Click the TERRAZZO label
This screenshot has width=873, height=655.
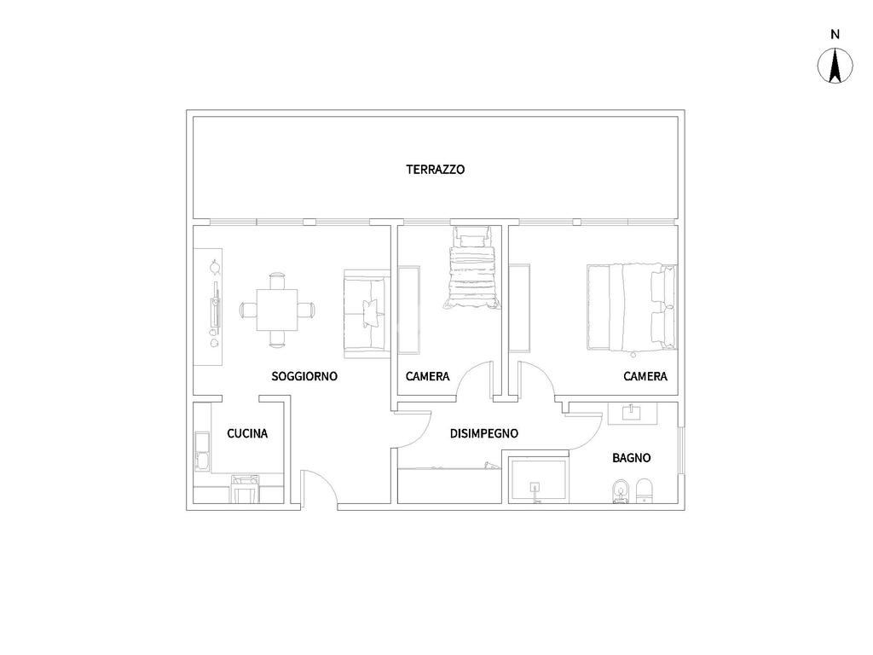click(436, 170)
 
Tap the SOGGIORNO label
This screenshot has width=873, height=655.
click(304, 376)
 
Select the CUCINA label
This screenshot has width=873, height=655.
click(247, 433)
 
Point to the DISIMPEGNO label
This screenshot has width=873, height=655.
click(484, 433)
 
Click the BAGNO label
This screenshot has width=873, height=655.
click(632, 458)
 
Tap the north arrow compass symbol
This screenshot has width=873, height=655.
click(835, 66)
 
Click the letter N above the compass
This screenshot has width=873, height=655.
click(835, 34)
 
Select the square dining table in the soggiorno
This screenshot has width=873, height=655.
click(277, 310)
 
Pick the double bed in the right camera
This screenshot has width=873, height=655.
click(632, 308)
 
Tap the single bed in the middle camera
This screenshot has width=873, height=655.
click(472, 267)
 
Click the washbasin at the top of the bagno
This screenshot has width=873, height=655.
click(632, 413)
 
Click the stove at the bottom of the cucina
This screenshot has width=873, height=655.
click(246, 489)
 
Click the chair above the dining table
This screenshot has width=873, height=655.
click(277, 281)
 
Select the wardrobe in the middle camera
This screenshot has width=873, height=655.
click(408, 310)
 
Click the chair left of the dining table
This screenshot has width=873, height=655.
click(248, 310)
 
